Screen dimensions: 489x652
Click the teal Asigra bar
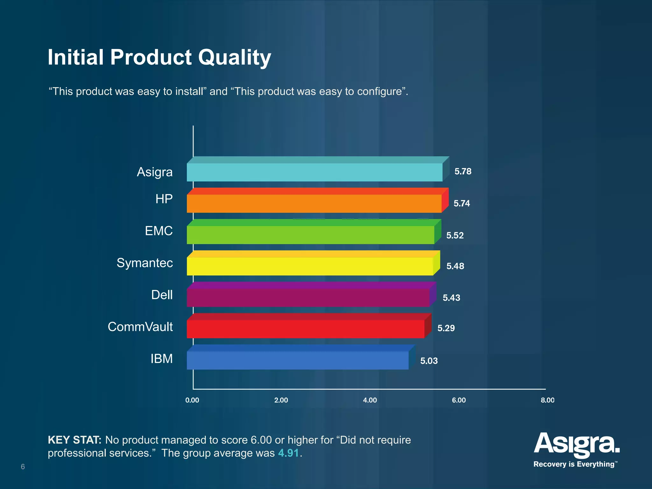(315, 172)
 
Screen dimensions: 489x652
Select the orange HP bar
(314, 203)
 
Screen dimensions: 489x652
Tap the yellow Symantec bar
(310, 266)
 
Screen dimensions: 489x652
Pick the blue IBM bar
(297, 360)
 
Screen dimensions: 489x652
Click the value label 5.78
(463, 172)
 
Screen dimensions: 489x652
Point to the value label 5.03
(429, 361)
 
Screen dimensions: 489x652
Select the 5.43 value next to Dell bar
(451, 298)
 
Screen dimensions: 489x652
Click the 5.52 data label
(455, 236)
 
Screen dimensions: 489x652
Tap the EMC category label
(159, 231)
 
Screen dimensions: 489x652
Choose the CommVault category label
(140, 327)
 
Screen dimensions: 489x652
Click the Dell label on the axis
(162, 295)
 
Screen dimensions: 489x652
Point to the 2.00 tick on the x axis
(281, 400)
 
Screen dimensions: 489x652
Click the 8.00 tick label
(547, 400)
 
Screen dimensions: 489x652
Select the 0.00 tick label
(192, 400)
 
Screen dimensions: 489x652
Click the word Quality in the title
(234, 58)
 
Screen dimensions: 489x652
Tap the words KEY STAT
(74, 440)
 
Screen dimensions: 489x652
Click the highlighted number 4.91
(288, 453)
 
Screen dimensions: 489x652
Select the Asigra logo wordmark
(577, 444)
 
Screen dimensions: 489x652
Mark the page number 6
(23, 467)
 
